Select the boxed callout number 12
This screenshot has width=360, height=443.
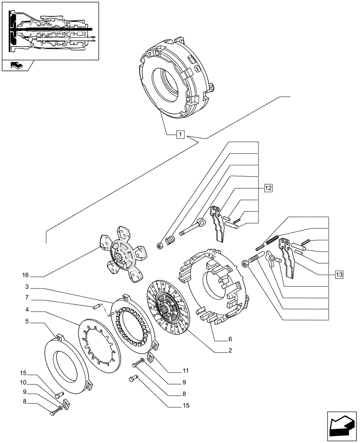click(267, 188)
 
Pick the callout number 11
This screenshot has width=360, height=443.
click(185, 371)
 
